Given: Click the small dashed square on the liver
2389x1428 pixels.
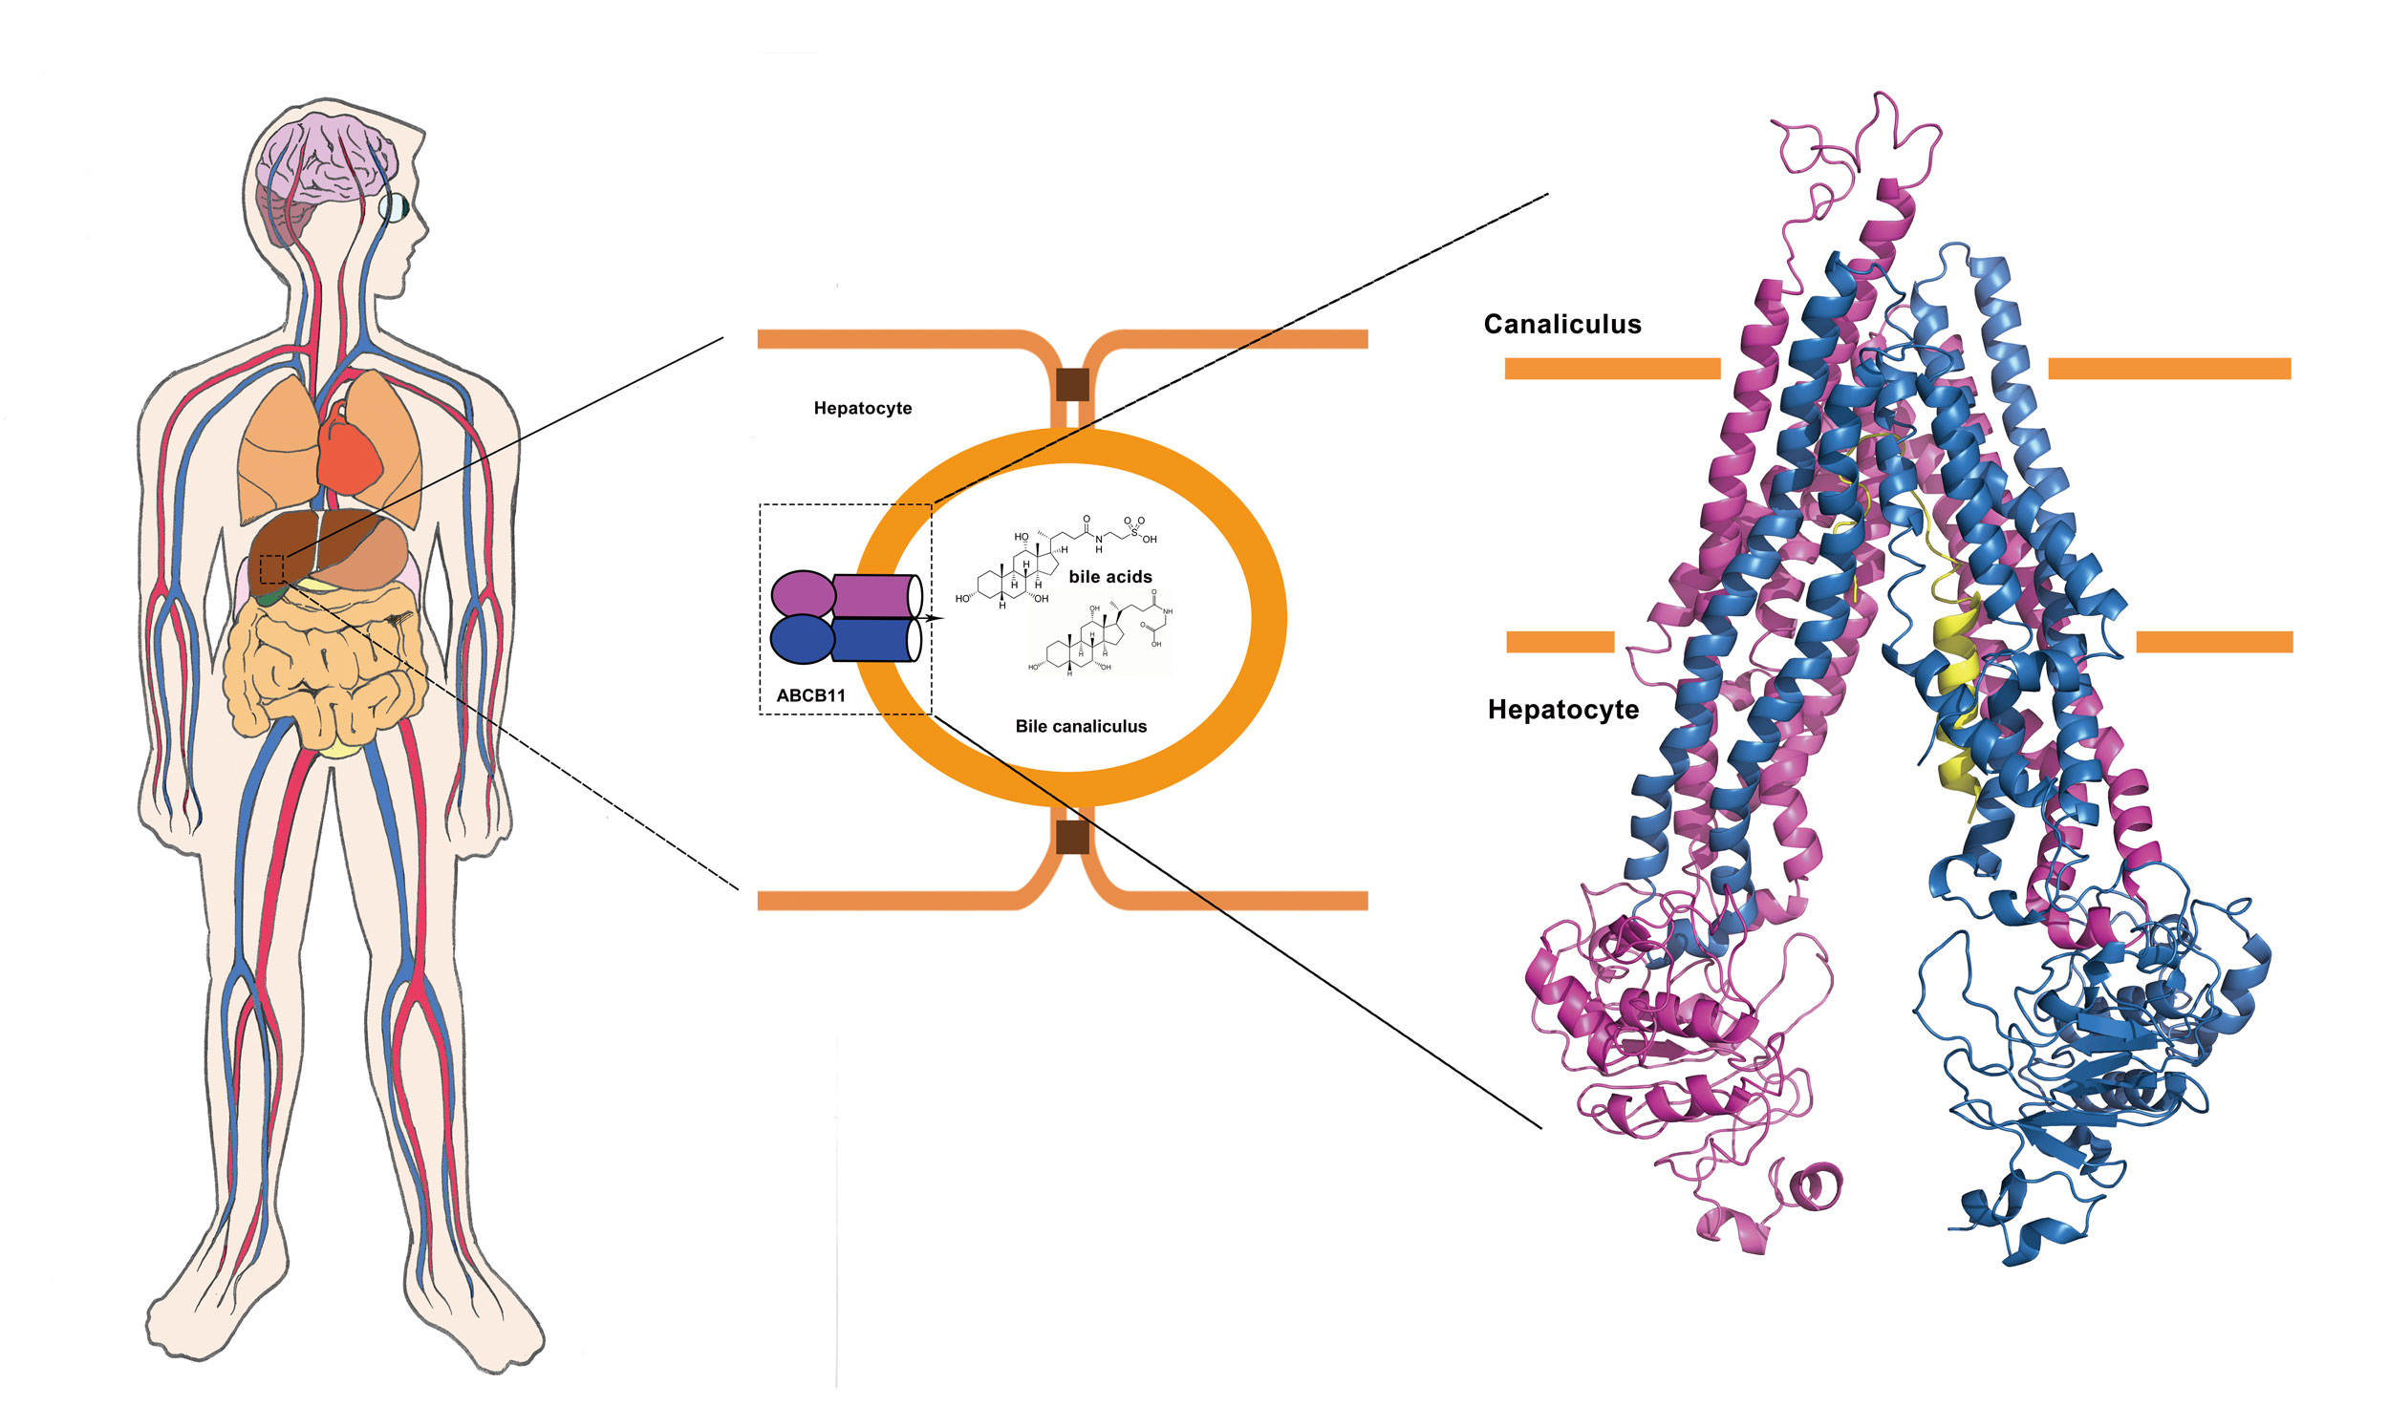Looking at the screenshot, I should tap(272, 568).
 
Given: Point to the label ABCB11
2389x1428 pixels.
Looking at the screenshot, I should tap(810, 695).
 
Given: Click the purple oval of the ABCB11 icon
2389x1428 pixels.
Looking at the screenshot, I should tap(802, 595).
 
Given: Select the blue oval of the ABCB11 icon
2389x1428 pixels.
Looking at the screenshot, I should tap(802, 639).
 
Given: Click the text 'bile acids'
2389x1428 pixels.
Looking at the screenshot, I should tap(1109, 576).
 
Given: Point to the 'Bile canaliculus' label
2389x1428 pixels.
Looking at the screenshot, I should tap(1080, 727).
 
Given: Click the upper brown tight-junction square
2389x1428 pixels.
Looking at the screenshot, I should tap(1072, 384).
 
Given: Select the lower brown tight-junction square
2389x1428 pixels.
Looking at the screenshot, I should tap(1072, 837).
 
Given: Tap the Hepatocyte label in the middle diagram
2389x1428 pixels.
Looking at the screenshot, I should tap(862, 408).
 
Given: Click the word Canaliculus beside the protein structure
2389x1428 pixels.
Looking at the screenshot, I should tap(1561, 324).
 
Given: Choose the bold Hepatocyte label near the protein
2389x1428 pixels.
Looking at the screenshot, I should tap(1562, 710).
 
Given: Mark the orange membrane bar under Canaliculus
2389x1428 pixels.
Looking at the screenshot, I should tap(1612, 369).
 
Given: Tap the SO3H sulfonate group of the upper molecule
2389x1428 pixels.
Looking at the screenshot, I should tap(1136, 529).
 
